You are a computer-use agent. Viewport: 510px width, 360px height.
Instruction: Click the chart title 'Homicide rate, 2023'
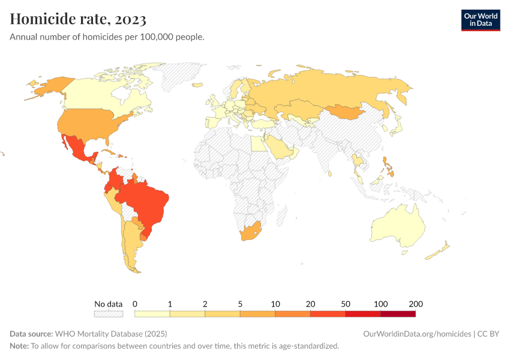coord(78,19)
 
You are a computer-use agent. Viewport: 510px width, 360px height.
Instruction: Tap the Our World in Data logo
coord(480,20)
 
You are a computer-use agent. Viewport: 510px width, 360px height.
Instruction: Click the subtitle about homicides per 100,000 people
coord(107,37)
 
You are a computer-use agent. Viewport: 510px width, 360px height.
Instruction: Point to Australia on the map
coord(397,227)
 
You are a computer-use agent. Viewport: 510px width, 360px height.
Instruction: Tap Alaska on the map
coord(45,87)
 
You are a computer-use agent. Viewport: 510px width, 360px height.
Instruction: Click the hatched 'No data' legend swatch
coord(109,313)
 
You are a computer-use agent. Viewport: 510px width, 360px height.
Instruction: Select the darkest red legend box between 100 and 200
coord(398,313)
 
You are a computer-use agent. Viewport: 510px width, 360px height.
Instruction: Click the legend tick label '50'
coord(346,304)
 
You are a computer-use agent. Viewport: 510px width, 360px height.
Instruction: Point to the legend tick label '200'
coord(416,304)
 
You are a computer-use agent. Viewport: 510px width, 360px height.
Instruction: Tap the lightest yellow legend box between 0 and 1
coord(152,313)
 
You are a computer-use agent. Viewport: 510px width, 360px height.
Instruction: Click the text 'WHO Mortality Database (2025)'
coord(111,334)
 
